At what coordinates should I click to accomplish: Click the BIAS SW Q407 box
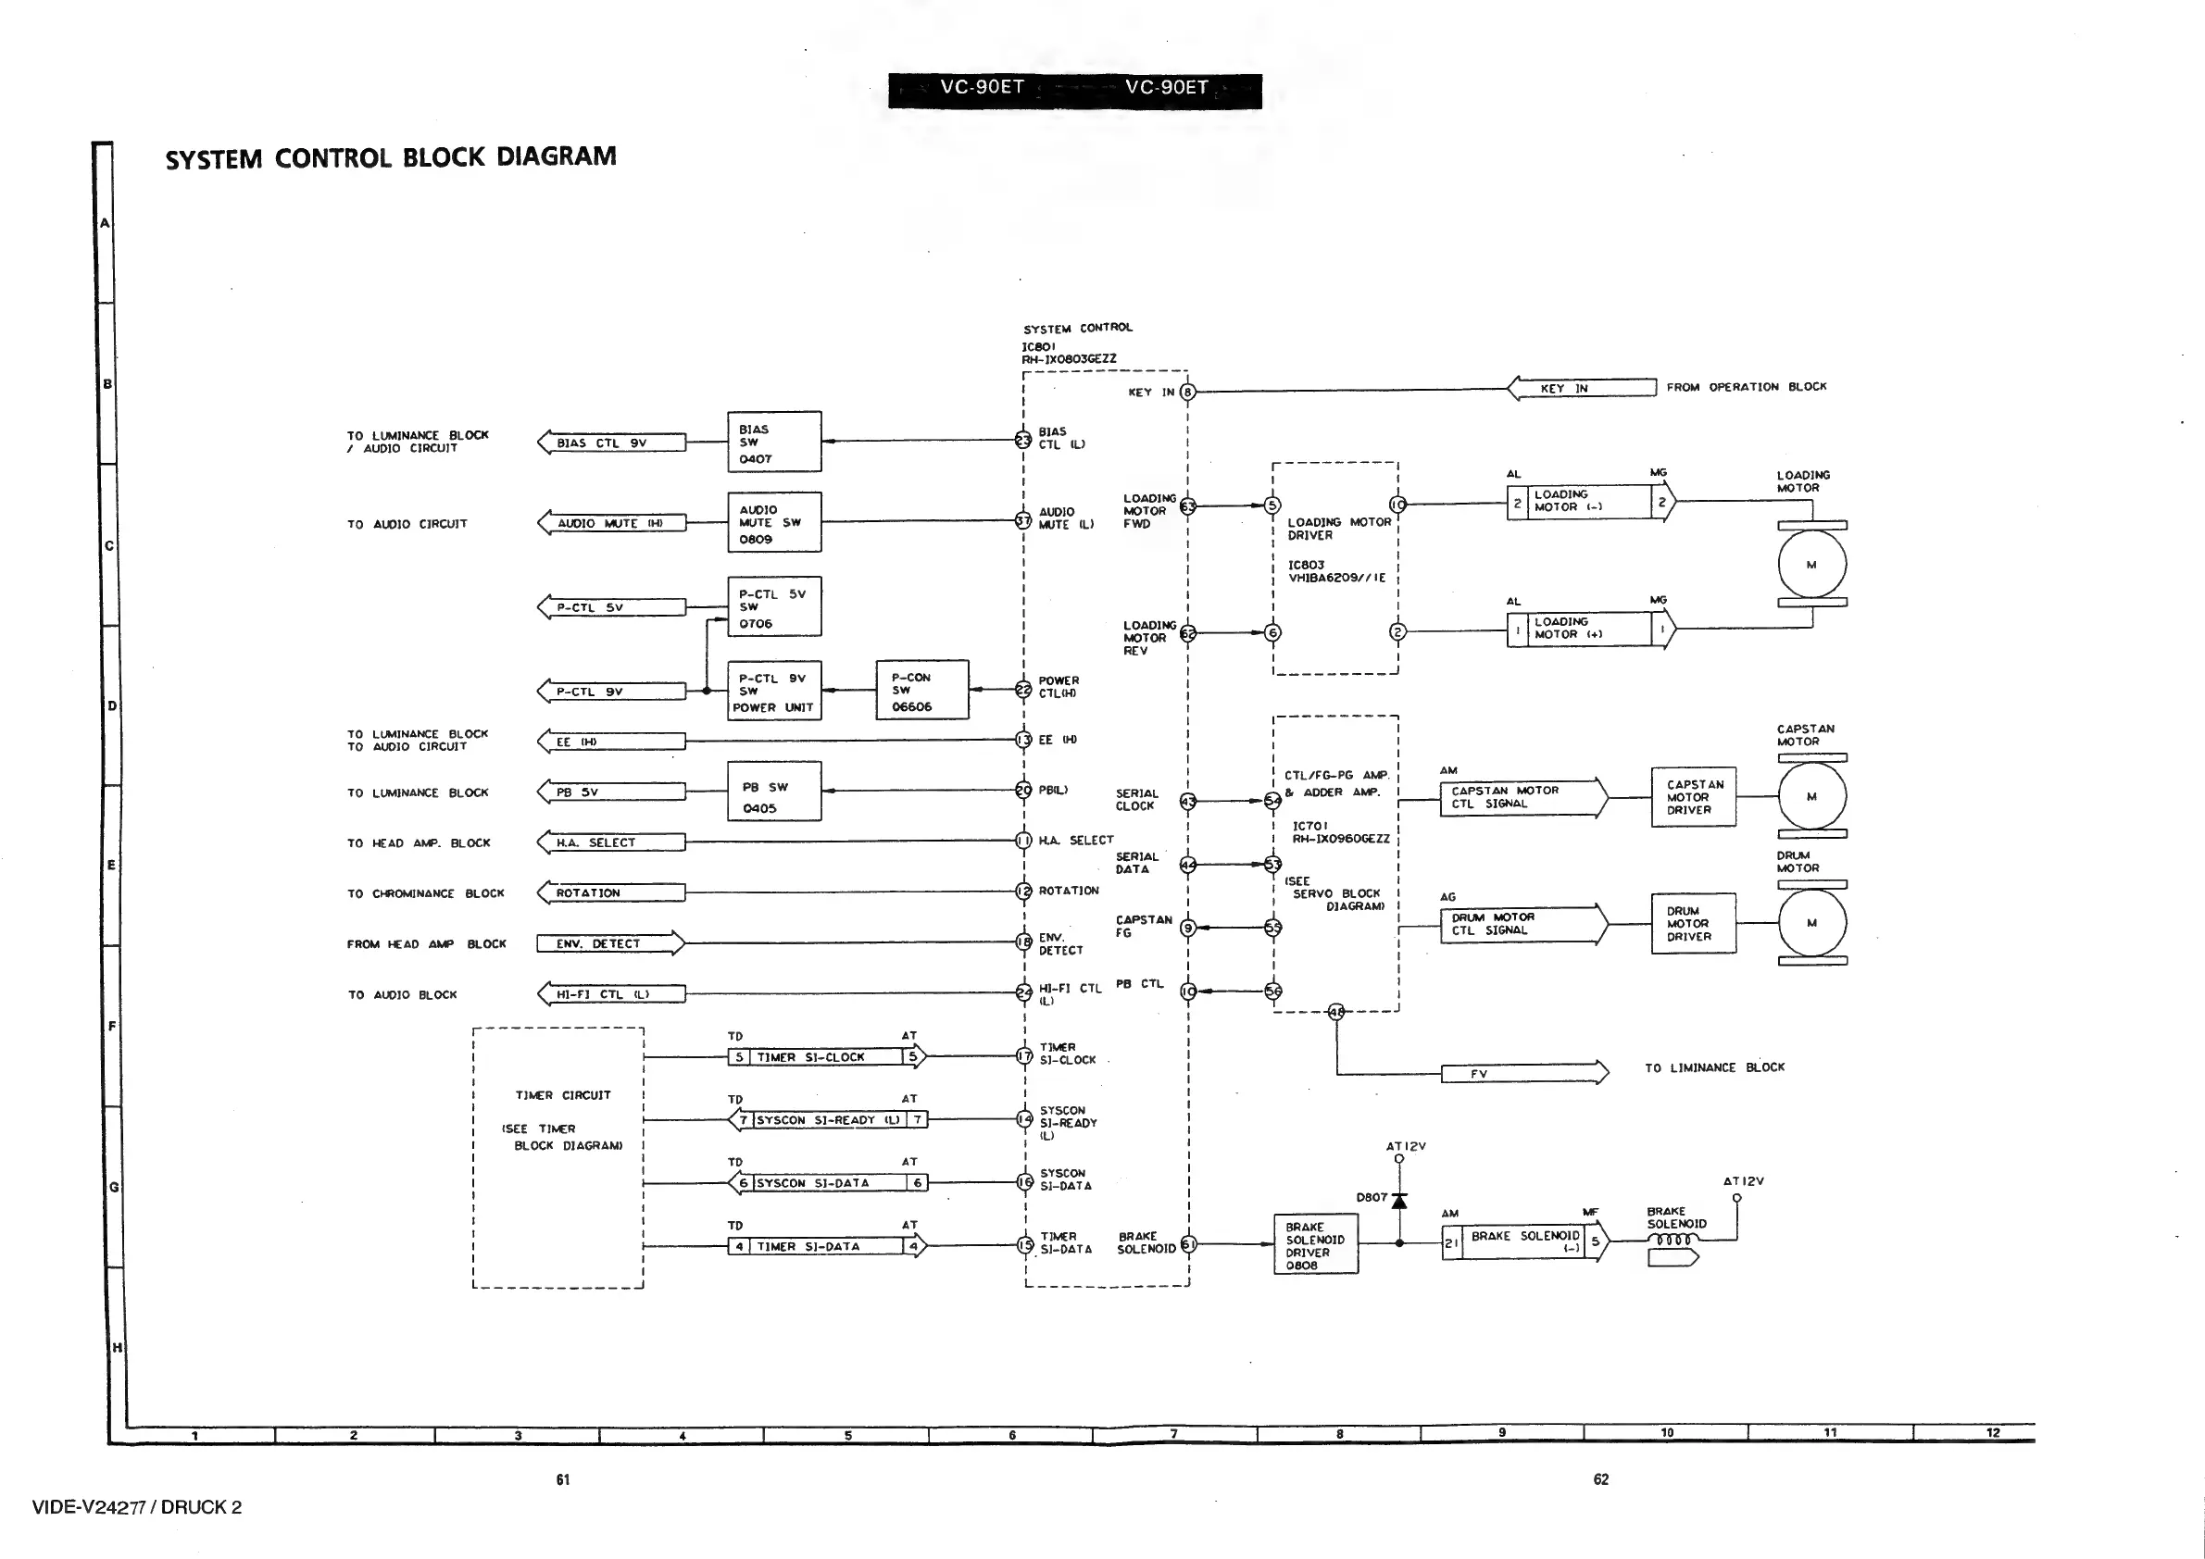pyautogui.click(x=774, y=442)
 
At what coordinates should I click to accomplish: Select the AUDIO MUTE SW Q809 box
pyautogui.click(x=774, y=522)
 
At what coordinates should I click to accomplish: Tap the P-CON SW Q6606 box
pyautogui.click(x=922, y=691)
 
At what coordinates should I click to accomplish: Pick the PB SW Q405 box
pyautogui.click(x=774, y=792)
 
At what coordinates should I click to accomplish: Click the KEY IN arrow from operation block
pyautogui.click(x=1582, y=388)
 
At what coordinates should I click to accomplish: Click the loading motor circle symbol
pyautogui.click(x=1812, y=565)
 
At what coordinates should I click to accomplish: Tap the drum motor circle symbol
pyautogui.click(x=1812, y=923)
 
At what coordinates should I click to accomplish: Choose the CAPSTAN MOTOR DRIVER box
pyautogui.click(x=1693, y=797)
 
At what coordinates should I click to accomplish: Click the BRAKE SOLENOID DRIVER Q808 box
pyautogui.click(x=1315, y=1245)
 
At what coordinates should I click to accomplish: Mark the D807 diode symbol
pyautogui.click(x=1399, y=1201)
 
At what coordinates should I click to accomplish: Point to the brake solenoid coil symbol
pyautogui.click(x=1673, y=1241)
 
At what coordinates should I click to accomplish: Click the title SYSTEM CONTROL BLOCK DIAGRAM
pyautogui.click(x=391, y=157)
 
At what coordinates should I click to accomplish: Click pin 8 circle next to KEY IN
pyautogui.click(x=1188, y=392)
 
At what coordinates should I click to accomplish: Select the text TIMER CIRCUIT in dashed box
pyautogui.click(x=563, y=1095)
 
